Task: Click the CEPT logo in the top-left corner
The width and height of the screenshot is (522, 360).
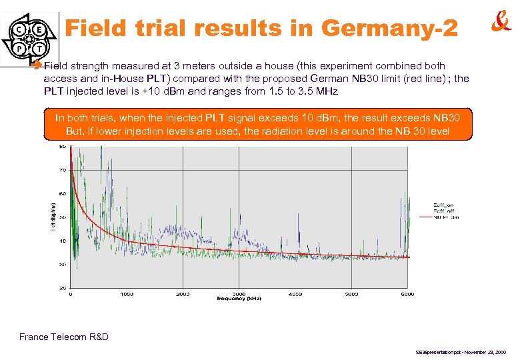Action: [x=29, y=39]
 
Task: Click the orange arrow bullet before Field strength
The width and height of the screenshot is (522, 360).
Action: [x=38, y=67]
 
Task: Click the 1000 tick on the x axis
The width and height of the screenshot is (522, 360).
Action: [x=127, y=293]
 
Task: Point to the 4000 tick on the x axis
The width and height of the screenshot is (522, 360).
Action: [x=295, y=293]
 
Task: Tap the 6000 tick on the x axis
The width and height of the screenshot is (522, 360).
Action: [x=407, y=293]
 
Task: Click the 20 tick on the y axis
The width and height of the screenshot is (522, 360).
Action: [x=63, y=288]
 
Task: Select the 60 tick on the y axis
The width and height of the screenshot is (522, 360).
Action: [x=63, y=193]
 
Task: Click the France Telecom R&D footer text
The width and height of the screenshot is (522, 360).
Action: [x=64, y=337]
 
